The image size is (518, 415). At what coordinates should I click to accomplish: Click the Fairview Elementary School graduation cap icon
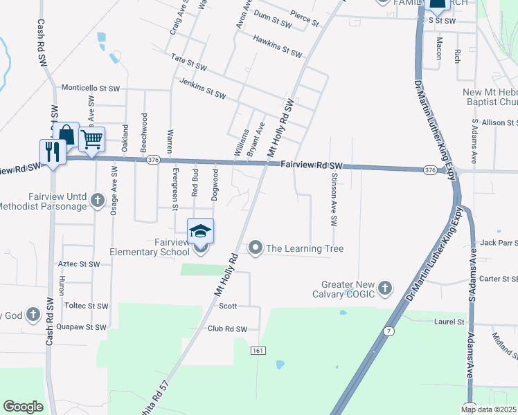click(200, 231)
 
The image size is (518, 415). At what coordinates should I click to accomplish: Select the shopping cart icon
click(91, 140)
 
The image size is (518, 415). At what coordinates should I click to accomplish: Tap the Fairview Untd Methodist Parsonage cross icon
click(98, 201)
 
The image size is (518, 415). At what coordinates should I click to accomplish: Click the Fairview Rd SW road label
click(312, 165)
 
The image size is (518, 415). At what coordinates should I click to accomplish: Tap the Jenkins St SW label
click(202, 89)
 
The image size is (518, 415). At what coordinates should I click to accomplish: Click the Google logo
click(23, 407)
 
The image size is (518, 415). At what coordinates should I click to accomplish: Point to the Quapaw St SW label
click(81, 326)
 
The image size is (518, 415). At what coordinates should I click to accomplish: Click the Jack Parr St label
click(499, 243)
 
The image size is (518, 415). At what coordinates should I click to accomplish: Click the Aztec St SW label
click(79, 264)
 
